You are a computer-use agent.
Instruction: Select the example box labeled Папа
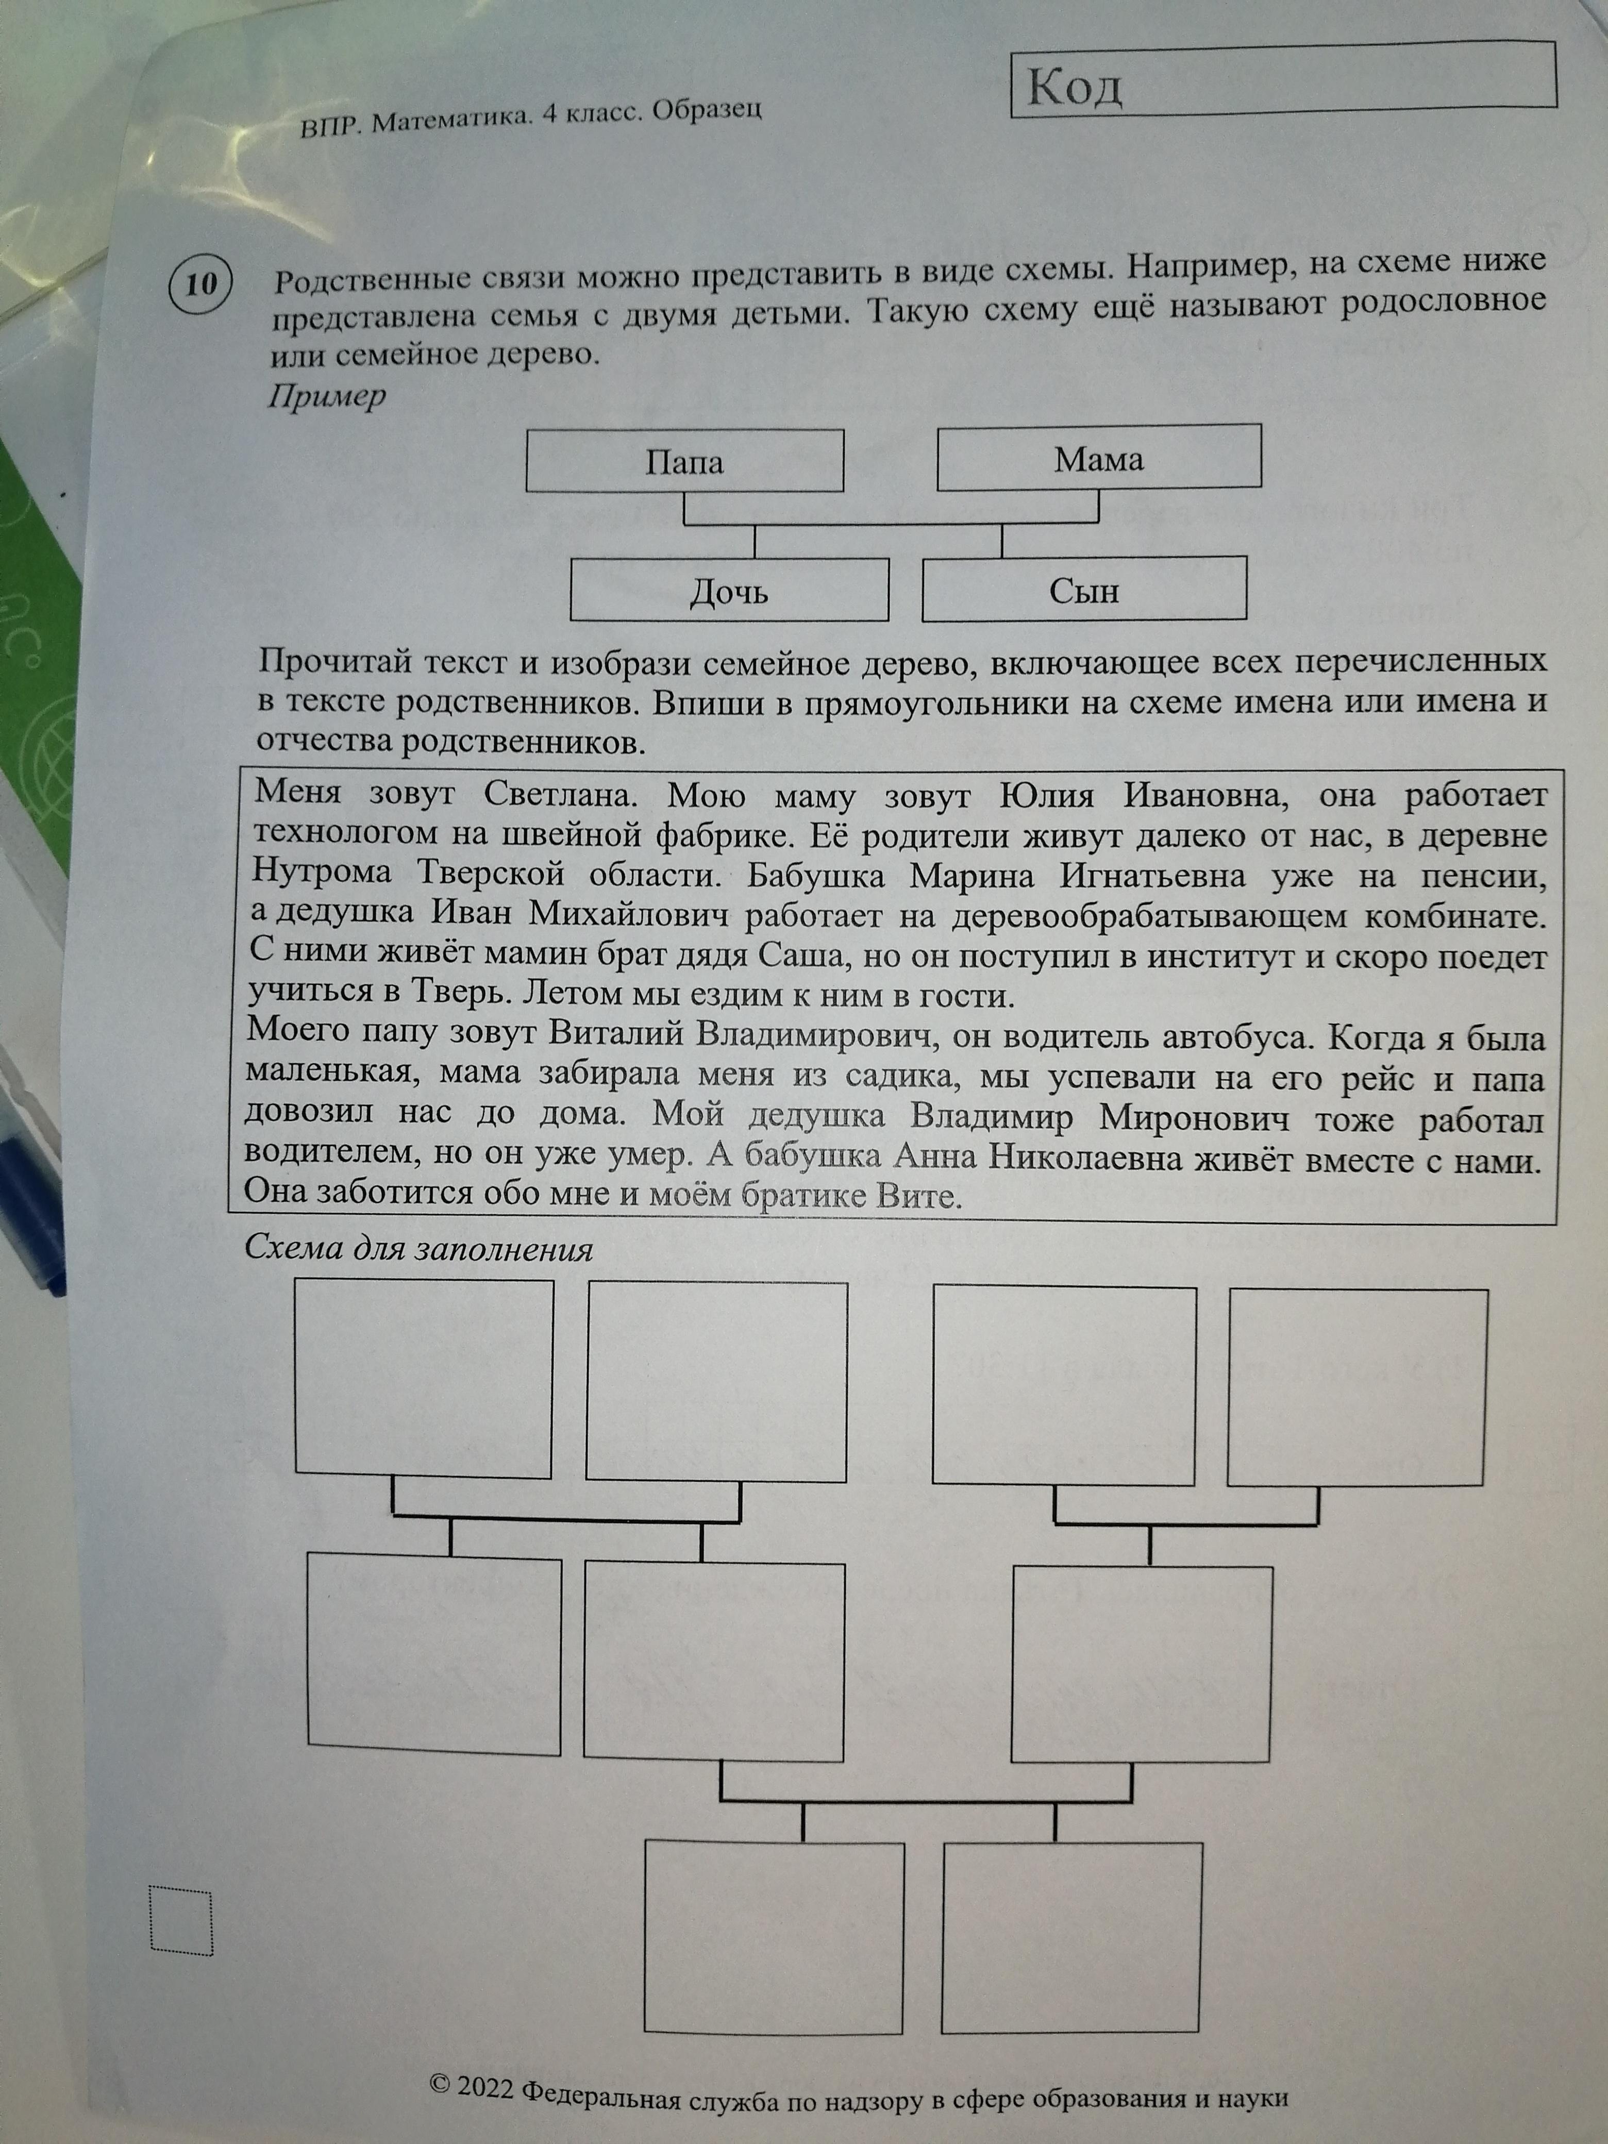pos(684,461)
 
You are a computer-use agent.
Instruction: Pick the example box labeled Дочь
pos(729,590)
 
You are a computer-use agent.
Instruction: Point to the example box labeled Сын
pos(1084,589)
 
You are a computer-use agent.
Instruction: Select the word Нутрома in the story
pos(322,873)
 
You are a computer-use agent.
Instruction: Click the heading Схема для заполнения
pos(418,1248)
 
